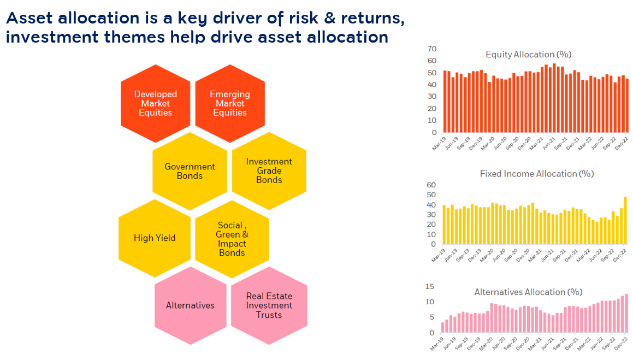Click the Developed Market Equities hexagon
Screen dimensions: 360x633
pos(156,103)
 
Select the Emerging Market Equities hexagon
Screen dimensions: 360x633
pos(230,103)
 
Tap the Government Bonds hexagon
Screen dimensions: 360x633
pos(190,171)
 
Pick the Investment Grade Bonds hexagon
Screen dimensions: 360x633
pos(269,170)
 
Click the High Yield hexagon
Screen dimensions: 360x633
pos(155,238)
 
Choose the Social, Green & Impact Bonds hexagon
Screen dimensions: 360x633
pos(232,239)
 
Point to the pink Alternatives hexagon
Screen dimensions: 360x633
pos(190,305)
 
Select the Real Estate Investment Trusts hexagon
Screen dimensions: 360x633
pos(269,305)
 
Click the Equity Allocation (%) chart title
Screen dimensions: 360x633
pos(521,55)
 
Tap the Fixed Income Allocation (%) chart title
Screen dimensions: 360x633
pos(536,174)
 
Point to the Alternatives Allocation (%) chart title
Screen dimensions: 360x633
pos(528,292)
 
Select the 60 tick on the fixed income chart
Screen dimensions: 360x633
pos(431,185)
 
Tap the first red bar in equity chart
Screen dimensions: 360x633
pos(445,102)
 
